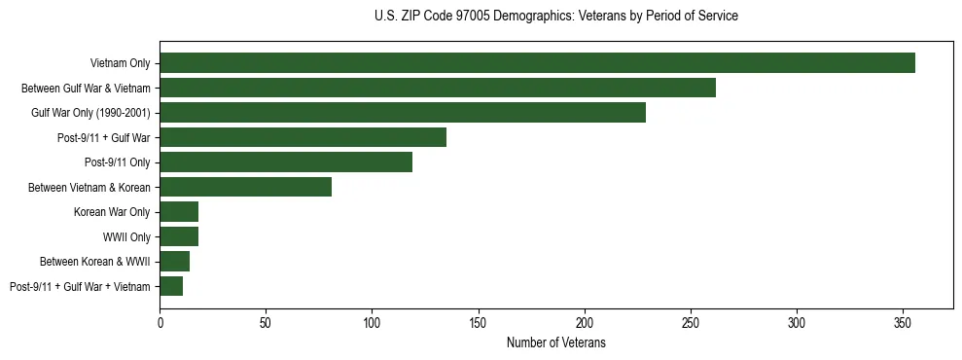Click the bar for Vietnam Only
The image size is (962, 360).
537,63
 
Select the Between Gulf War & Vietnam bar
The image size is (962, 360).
438,88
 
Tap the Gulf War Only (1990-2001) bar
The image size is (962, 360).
403,113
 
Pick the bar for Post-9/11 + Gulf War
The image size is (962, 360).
303,137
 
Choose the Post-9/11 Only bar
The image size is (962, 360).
286,162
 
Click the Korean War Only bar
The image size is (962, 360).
179,212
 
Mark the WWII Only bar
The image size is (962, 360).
179,236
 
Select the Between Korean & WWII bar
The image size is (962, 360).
174,262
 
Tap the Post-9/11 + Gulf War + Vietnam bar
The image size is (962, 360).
171,286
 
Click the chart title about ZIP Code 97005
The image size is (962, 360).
555,17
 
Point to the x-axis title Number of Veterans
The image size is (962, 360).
555,342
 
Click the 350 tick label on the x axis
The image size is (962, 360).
903,322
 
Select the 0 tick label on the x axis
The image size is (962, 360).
160,322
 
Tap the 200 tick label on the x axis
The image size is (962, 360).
585,322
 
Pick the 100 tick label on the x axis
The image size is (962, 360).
372,322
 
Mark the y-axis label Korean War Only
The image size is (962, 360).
112,212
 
